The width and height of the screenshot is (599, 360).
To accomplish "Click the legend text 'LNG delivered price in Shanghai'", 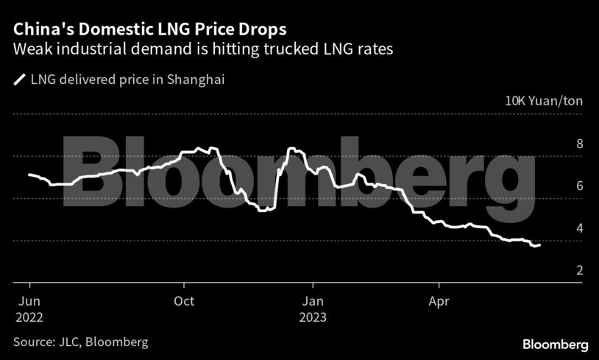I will [x=127, y=80].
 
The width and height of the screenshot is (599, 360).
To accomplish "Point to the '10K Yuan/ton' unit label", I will [x=544, y=101].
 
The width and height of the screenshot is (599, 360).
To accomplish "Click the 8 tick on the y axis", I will [x=579, y=144].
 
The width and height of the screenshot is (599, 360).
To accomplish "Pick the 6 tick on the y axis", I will [x=579, y=186].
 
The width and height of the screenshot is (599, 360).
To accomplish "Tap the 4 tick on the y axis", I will [x=579, y=228].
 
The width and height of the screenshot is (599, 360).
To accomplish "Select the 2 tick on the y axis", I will [x=579, y=270].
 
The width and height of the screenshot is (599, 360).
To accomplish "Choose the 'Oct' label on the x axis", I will [x=185, y=300].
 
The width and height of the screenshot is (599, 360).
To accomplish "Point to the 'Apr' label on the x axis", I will [x=439, y=300].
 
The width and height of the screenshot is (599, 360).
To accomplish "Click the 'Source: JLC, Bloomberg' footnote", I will [x=80, y=342].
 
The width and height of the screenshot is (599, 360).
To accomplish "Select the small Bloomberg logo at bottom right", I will [x=555, y=345].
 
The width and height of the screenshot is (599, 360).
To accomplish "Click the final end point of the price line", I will [x=540, y=244].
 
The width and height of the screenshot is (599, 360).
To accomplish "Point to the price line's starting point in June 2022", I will [x=29, y=174].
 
